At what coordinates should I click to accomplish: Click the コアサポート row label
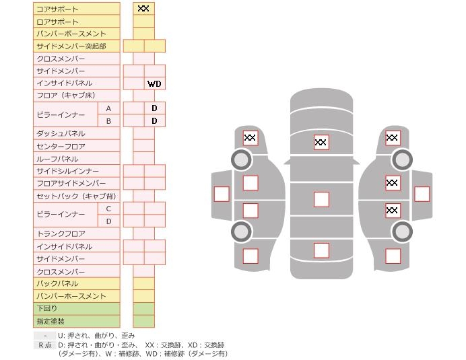point(57,9)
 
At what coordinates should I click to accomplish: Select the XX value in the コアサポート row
point(143,9)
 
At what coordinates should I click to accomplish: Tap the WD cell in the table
point(154,84)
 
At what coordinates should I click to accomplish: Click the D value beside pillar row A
point(154,108)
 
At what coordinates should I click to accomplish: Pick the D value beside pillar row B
point(154,121)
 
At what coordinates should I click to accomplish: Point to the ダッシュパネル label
point(61,134)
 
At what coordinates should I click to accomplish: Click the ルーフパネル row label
point(57,159)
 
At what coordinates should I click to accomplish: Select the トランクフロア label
point(61,233)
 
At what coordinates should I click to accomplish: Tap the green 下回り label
point(46,308)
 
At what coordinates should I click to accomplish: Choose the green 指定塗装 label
point(51,321)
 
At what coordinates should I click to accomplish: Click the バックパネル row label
point(57,283)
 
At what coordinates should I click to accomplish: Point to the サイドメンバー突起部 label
point(71,46)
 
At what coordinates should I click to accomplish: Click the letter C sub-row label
point(108,209)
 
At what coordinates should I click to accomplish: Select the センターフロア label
point(61,147)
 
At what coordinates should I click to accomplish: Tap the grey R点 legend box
point(44,345)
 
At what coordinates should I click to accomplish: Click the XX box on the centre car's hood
point(321,142)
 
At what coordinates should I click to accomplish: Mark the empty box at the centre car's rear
point(321,250)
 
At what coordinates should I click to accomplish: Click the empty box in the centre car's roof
point(321,199)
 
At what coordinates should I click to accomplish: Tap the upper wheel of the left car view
point(241,159)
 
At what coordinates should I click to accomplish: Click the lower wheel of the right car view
point(402,231)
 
